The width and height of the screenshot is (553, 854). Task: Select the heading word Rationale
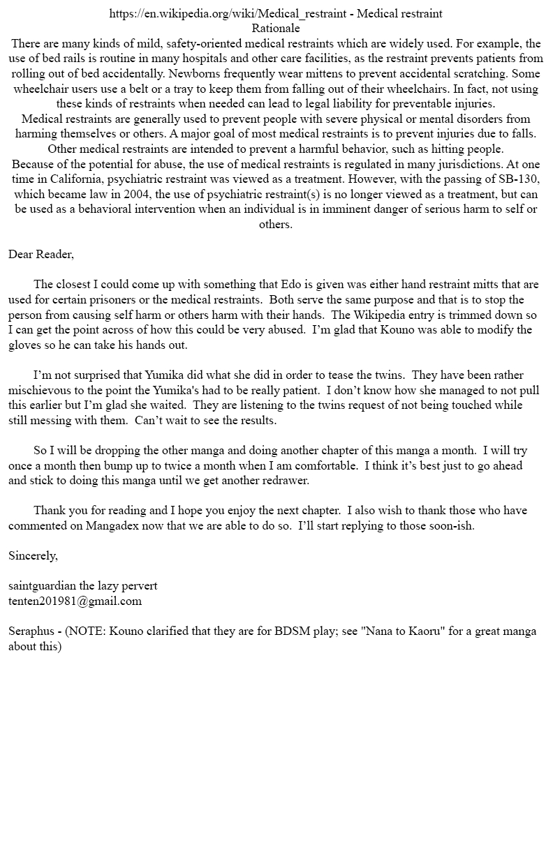pos(276,29)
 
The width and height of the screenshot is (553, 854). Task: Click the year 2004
pos(165,194)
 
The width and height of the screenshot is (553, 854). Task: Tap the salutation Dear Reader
pos(40,255)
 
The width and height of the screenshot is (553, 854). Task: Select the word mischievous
pos(43,390)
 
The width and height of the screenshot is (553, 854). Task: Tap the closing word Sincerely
pos(33,556)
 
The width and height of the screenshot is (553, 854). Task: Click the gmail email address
pos(75,601)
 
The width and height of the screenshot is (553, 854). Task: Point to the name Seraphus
pos(31,631)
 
